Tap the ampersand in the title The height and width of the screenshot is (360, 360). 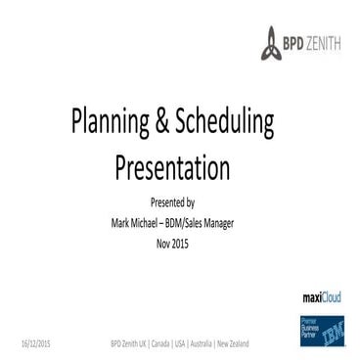click(x=158, y=124)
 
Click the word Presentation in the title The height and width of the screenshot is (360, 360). click(x=172, y=168)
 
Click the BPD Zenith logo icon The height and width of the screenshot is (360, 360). click(x=271, y=43)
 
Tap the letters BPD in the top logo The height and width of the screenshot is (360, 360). click(x=293, y=43)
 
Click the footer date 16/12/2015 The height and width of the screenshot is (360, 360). click(x=37, y=343)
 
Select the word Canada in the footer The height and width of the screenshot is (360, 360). click(x=158, y=343)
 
